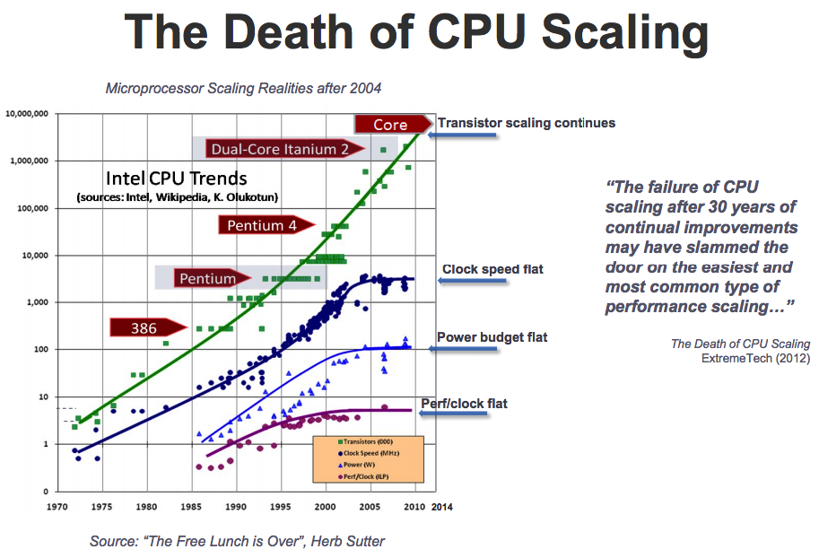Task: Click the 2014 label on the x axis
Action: pos(441,507)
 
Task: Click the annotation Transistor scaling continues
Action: pos(526,122)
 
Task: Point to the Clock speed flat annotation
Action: pos(492,268)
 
